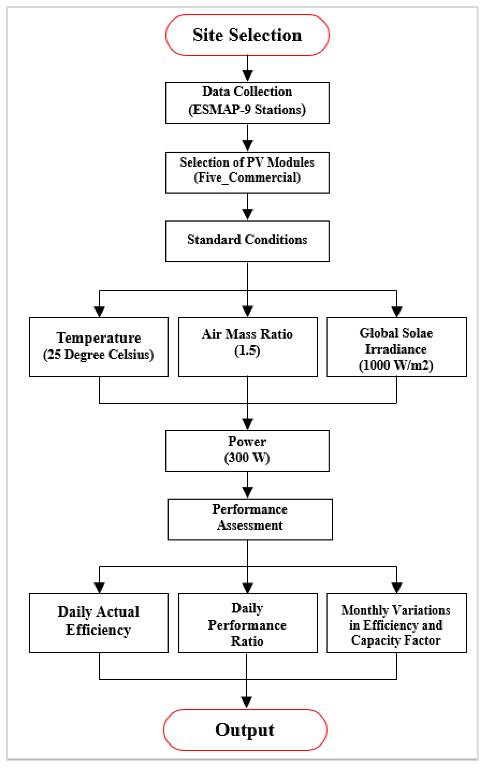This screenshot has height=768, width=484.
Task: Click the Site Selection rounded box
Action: click(247, 35)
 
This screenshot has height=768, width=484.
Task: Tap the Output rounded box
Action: click(245, 730)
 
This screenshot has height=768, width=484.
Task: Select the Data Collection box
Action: click(247, 103)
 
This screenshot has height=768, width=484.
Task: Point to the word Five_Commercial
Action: click(247, 178)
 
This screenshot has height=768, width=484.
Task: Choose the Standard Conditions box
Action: click(247, 241)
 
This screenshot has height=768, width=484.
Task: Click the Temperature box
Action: click(99, 347)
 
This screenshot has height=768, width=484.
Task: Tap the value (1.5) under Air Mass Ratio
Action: click(247, 350)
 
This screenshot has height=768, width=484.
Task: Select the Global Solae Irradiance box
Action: click(396, 347)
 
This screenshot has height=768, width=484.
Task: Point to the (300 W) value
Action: click(247, 458)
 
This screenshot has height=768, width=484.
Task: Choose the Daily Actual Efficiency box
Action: click(99, 623)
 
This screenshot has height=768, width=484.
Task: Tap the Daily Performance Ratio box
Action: click(248, 623)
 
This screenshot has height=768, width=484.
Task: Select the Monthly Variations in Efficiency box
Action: click(396, 623)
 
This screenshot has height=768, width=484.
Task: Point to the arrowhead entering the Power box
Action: click(247, 423)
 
